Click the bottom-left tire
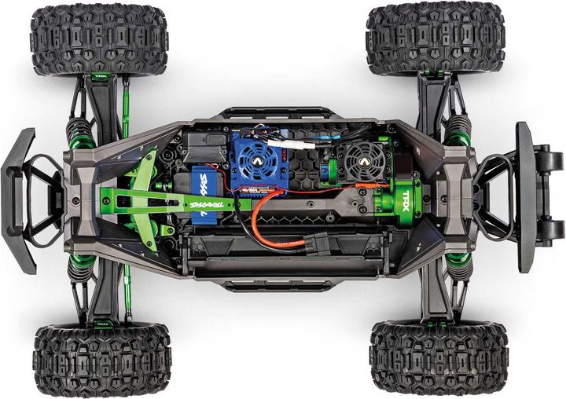coord(101,360)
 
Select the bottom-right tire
coord(439,357)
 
